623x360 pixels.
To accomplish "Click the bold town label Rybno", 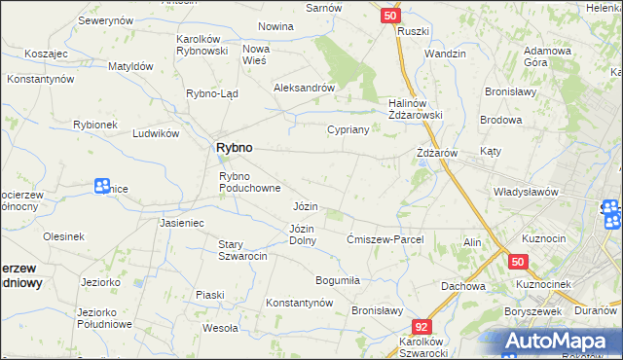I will (x=233, y=147).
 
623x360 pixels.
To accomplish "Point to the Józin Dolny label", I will (x=302, y=234).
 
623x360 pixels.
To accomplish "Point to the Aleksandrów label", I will (x=304, y=87).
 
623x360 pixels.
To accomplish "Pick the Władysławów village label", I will (x=526, y=192).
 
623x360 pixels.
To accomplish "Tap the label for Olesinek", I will (x=63, y=236).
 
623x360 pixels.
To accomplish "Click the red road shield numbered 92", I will (x=421, y=328).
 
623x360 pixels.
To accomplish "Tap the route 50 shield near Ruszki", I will (x=389, y=16).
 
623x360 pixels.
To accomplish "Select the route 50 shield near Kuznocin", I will (x=517, y=262).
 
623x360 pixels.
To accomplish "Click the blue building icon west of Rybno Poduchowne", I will (x=102, y=186).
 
